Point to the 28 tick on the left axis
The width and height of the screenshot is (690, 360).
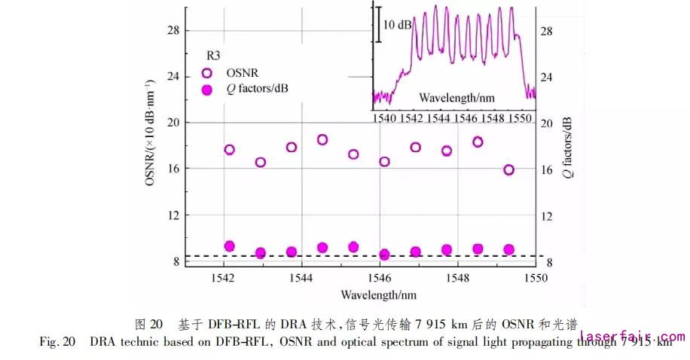pos(172,30)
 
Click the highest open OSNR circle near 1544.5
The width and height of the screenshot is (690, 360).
pos(322,139)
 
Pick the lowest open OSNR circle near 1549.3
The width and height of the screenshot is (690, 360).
pos(508,169)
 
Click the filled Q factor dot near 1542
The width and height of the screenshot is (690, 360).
pos(230,246)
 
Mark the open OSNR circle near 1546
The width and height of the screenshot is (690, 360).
pos(384,161)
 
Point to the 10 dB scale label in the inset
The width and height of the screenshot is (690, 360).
pos(397,25)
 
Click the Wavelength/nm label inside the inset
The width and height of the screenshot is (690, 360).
pos(456,97)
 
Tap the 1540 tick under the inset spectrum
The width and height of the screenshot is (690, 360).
pos(384,117)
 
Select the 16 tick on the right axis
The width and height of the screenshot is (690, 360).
pos(548,169)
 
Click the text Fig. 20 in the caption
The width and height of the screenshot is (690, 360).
pos(57,342)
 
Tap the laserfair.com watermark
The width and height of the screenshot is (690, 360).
pos(632,337)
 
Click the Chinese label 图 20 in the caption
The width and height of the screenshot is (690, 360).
pos(148,325)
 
